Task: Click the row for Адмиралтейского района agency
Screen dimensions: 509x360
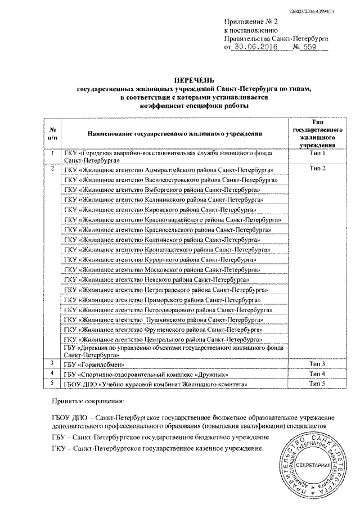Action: click(x=169, y=169)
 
